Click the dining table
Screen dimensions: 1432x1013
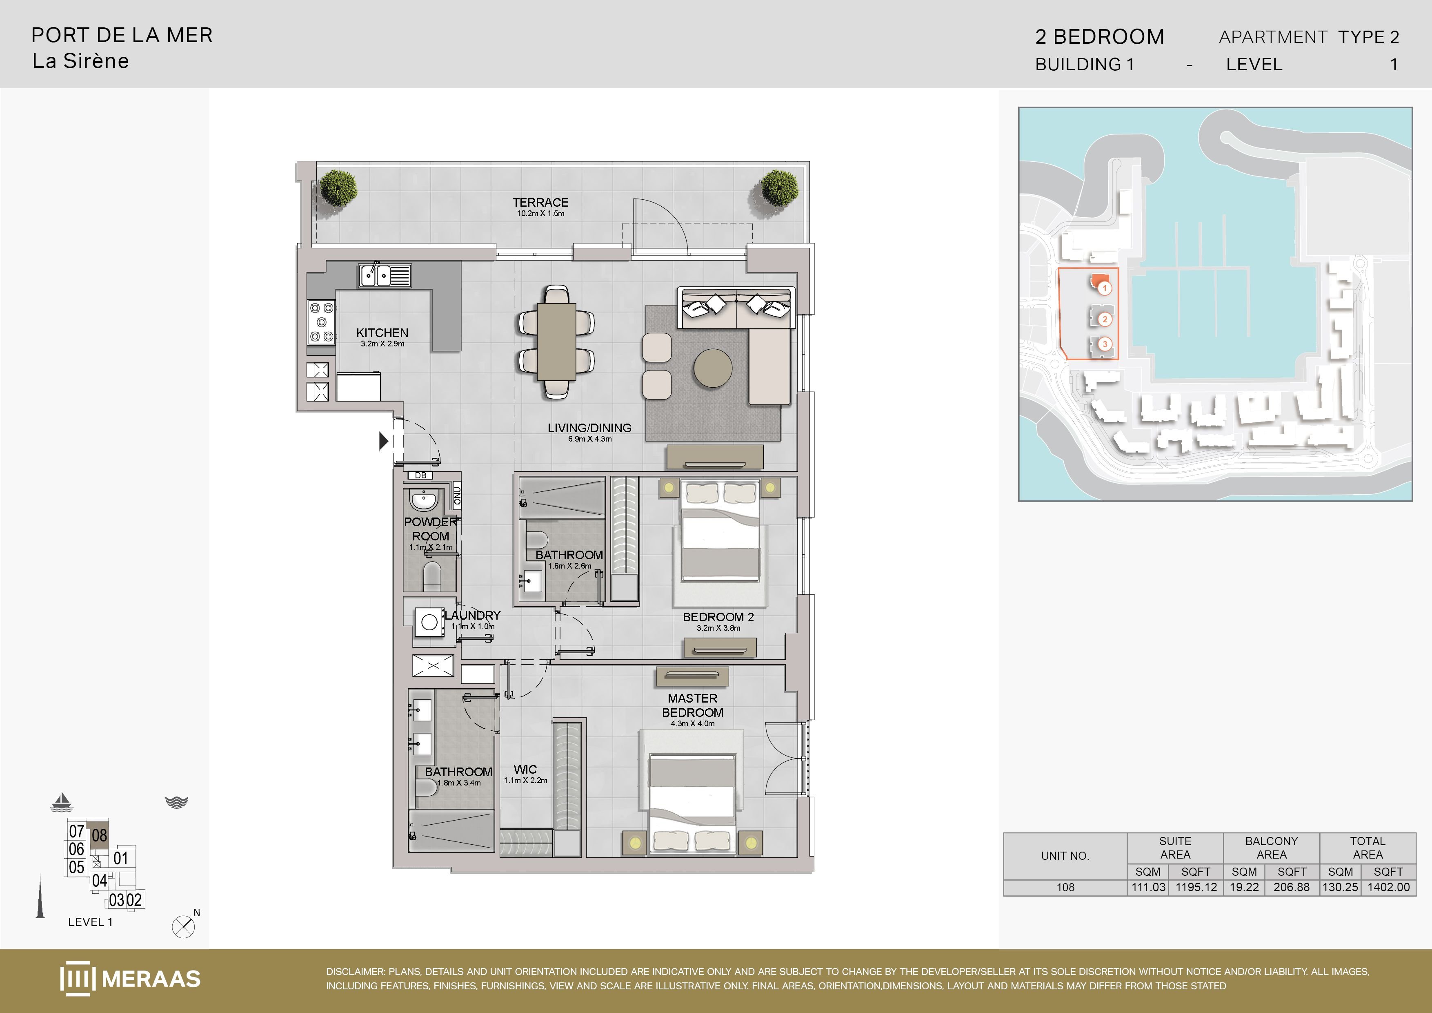tap(556, 341)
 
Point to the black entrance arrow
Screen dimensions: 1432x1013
tap(384, 441)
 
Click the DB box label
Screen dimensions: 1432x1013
tap(421, 475)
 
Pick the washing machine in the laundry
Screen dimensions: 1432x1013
tap(430, 622)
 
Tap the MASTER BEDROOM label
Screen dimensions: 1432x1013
tap(692, 705)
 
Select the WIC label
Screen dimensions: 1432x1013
tap(525, 770)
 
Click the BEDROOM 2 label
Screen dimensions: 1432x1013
tap(718, 617)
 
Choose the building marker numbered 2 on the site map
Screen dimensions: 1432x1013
tap(1105, 319)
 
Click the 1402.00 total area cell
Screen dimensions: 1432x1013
tap(1388, 887)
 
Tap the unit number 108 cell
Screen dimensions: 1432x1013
tap(1065, 887)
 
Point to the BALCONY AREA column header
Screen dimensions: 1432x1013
tap(1271, 848)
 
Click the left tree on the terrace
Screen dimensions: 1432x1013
tap(339, 187)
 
